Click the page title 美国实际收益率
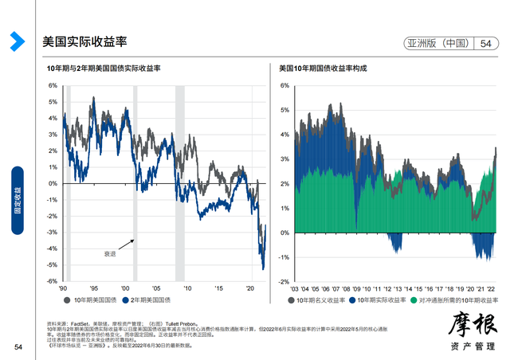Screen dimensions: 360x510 (84, 41)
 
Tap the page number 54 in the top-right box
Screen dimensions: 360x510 (486, 44)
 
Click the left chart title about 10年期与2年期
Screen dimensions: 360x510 (104, 70)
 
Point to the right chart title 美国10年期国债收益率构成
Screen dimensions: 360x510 (324, 70)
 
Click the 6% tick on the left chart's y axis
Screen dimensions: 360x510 (53, 85)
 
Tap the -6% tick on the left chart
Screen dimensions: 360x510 (52, 281)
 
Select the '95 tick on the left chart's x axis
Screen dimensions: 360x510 (93, 288)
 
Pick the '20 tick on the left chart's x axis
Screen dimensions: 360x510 (249, 288)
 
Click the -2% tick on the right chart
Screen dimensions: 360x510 (282, 282)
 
